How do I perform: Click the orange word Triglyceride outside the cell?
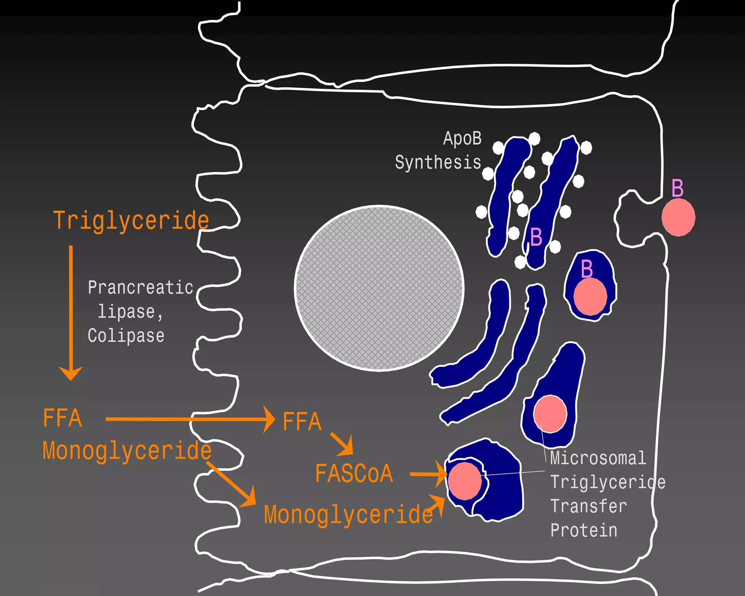coord(131,220)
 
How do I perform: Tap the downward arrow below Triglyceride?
coord(71,313)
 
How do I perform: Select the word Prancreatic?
coord(140,287)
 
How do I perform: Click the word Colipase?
coord(126,335)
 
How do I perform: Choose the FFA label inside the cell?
coord(302,421)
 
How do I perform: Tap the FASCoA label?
coord(354,473)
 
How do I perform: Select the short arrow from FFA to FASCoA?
coord(342,444)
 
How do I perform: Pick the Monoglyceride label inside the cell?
coord(348,514)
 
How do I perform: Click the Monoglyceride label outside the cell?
coord(127,450)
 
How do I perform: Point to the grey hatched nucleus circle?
coord(379,288)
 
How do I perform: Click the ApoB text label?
coord(462,139)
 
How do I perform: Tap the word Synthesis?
coord(438,162)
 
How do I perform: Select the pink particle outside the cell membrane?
coord(678,217)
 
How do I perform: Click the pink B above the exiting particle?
coord(677,188)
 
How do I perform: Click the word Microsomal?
coord(598,458)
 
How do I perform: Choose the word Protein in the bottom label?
coord(584,530)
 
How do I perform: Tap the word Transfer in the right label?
coord(589,506)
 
